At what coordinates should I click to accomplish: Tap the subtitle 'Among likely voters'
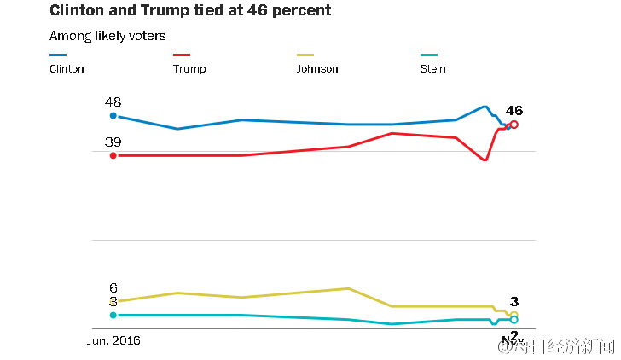point(107,36)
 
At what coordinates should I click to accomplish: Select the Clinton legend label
point(67,69)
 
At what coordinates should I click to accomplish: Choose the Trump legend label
point(189,69)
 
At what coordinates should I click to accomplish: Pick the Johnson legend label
point(317,69)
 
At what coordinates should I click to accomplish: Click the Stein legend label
point(433,69)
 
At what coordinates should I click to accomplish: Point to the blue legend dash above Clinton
point(59,55)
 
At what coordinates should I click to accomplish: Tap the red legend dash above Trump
point(182,55)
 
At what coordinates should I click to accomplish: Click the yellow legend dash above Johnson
point(305,55)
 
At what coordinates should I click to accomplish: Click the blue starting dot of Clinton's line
point(113,116)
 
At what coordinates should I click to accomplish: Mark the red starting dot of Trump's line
point(113,155)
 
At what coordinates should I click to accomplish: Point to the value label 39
point(113,142)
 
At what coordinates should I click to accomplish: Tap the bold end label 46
point(514,111)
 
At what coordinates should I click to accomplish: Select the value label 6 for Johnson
point(113,288)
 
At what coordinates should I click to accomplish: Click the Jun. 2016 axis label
point(114,340)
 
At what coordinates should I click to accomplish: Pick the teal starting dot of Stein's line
point(113,315)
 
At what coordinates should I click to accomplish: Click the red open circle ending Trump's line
point(514,125)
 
